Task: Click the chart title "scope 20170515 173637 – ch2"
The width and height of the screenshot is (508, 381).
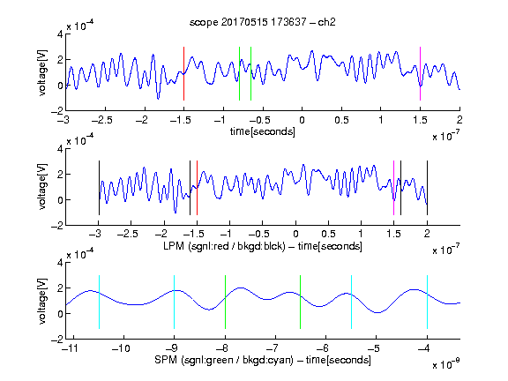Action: pyautogui.click(x=263, y=22)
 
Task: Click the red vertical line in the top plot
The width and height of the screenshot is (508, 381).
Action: pyautogui.click(x=183, y=73)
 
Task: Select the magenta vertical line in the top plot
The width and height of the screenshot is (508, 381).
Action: pyautogui.click(x=420, y=73)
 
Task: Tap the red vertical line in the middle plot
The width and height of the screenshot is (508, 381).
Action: pyautogui.click(x=197, y=188)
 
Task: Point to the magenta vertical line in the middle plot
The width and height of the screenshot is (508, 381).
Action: pyautogui.click(x=393, y=188)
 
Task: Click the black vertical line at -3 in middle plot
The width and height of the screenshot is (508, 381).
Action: pyautogui.click(x=99, y=188)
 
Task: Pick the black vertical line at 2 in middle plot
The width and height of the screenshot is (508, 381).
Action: pyautogui.click(x=427, y=188)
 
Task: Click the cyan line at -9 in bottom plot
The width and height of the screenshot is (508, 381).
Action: pyautogui.click(x=174, y=302)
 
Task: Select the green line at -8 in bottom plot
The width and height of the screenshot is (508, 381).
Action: pyautogui.click(x=225, y=302)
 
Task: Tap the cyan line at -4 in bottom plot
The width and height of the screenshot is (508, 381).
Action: pyautogui.click(x=427, y=302)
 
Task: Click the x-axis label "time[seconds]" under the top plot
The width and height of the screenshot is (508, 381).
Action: pyautogui.click(x=263, y=131)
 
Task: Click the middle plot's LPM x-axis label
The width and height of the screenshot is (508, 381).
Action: pyautogui.click(x=263, y=246)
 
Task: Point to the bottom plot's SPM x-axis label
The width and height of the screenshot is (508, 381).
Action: pyautogui.click(x=263, y=360)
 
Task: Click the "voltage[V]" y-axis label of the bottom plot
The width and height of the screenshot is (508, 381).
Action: pyautogui.click(x=42, y=301)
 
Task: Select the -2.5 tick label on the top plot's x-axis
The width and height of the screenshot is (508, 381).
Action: pyautogui.click(x=102, y=120)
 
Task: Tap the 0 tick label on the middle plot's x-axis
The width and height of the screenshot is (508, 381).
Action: pyautogui.click(x=295, y=234)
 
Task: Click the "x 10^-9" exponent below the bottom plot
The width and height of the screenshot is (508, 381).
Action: pyautogui.click(x=445, y=364)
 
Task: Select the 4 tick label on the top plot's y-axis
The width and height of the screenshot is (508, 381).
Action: pyautogui.click(x=60, y=34)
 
